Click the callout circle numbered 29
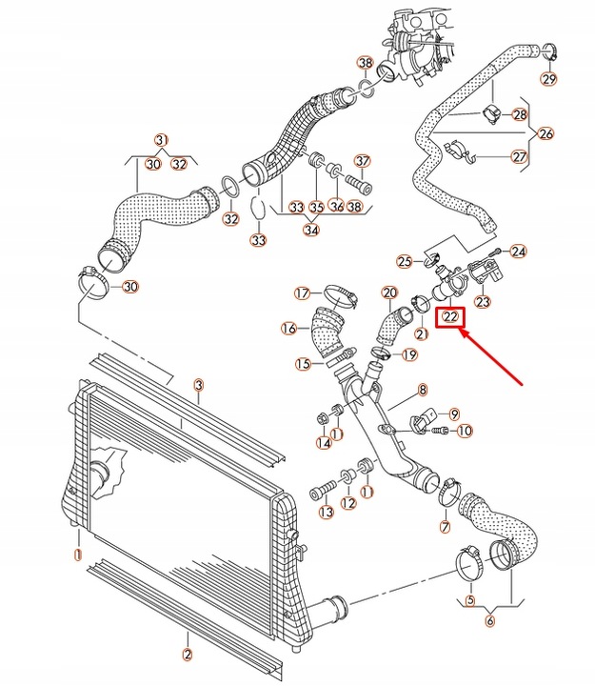click(547, 77)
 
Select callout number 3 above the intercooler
click(198, 385)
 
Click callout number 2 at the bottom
click(188, 654)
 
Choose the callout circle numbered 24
click(518, 252)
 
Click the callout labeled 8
click(422, 390)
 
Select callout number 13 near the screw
click(327, 513)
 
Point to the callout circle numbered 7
click(444, 526)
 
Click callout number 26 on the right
click(545, 133)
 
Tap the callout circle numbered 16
click(289, 329)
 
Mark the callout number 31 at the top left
click(162, 139)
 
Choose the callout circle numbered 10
click(465, 432)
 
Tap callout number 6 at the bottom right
click(490, 620)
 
